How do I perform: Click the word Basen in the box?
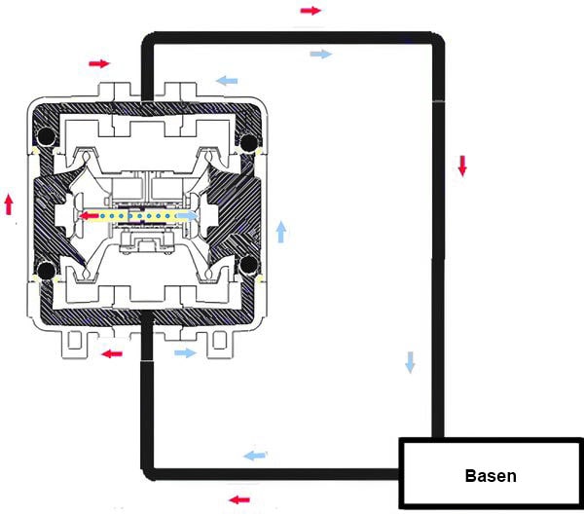491,476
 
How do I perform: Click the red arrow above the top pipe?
310,11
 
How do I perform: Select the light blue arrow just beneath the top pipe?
320,55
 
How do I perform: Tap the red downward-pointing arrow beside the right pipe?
462,166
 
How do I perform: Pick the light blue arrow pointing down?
410,362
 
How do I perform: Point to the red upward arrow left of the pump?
9,204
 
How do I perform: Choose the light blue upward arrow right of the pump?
281,232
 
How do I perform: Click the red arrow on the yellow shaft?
90,215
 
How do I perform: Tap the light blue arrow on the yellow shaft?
187,216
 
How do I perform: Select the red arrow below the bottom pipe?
239,499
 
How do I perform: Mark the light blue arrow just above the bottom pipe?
255,455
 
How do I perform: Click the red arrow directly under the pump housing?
112,353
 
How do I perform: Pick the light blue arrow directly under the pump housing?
185,352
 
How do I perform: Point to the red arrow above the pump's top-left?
99,63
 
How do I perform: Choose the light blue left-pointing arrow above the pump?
227,81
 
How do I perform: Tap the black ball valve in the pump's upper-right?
249,143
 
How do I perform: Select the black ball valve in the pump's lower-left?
46,271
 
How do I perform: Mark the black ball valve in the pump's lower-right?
249,264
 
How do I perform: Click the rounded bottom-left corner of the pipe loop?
148,474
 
